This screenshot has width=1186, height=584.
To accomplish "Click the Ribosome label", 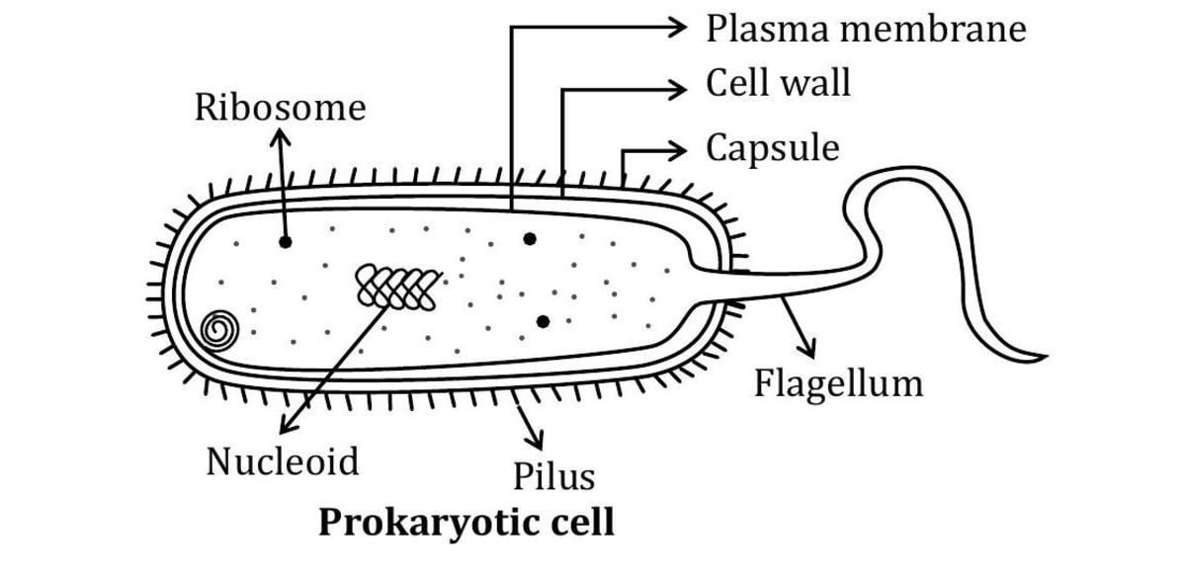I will [280, 108].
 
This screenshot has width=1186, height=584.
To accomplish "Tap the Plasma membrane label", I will [866, 29].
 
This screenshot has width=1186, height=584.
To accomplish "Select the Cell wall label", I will [778, 84].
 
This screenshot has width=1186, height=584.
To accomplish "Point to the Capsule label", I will [772, 148].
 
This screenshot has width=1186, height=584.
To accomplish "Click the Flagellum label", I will [838, 382].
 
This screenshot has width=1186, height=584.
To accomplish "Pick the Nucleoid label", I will [283, 460].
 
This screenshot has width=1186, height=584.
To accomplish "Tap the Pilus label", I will [553, 476].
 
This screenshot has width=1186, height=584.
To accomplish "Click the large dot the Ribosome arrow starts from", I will [286, 241].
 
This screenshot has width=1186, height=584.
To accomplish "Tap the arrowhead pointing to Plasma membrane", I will [679, 29].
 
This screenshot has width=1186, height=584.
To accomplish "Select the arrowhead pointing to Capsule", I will [679, 152].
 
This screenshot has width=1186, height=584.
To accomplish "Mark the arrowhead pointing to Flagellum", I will [812, 353].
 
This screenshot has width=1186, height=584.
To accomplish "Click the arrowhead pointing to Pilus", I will [539, 441].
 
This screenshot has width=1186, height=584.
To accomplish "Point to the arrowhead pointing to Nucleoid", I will [288, 428].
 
